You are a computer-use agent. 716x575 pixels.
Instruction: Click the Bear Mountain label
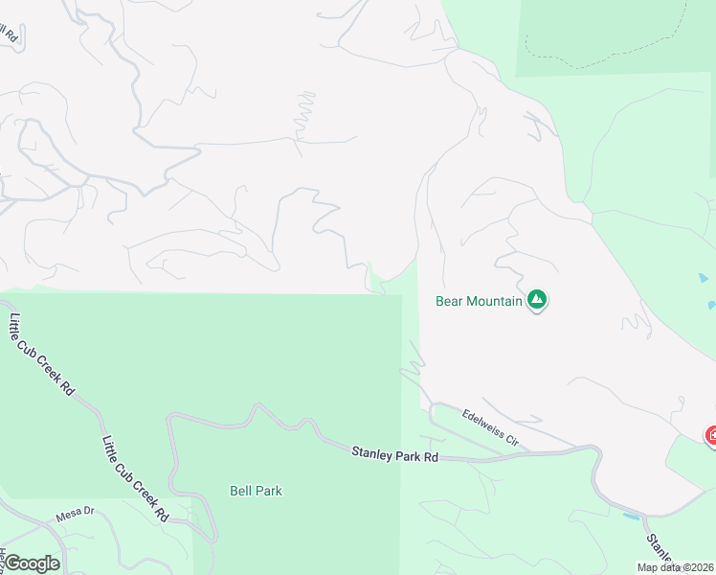pyautogui.click(x=479, y=301)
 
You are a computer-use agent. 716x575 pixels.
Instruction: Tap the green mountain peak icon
pyautogui.click(x=538, y=301)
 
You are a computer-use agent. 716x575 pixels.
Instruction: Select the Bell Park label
pyautogui.click(x=256, y=491)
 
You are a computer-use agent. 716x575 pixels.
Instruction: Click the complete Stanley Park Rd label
pyautogui.click(x=394, y=454)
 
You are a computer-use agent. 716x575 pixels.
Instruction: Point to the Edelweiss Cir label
pyautogui.click(x=489, y=428)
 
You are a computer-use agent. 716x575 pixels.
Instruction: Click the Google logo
pyautogui.click(x=32, y=563)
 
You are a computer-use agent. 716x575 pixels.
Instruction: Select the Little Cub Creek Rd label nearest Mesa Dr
pyautogui.click(x=135, y=479)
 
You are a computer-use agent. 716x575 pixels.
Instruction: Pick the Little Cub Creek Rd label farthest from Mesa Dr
pyautogui.click(x=42, y=356)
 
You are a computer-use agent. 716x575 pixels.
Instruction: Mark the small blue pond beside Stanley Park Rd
pyautogui.click(x=631, y=517)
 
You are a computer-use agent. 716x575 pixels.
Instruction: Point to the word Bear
pyautogui.click(x=450, y=301)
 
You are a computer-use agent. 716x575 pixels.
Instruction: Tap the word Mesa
pyautogui.click(x=66, y=513)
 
